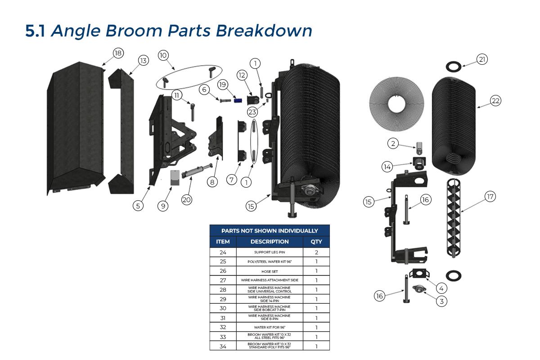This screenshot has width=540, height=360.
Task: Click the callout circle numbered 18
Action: coord(118,54)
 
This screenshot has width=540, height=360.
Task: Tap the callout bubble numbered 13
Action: coord(143,61)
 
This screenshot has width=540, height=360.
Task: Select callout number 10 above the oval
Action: coord(163,55)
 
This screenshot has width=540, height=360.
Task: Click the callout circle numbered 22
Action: coord(495,101)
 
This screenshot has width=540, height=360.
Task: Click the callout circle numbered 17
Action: coord(490,196)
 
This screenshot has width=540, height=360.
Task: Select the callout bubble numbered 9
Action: coord(163,206)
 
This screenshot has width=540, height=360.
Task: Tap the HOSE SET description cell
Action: coord(270,271)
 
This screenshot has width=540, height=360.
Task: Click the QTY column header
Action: coord(316,242)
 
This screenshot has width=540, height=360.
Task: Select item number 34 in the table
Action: coord(223,346)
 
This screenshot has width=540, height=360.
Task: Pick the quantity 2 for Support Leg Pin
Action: coord(316,252)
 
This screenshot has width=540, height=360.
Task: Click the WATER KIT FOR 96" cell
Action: coord(270,328)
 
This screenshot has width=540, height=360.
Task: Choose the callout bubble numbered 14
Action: coord(387,166)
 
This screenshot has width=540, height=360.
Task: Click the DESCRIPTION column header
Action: coord(270,242)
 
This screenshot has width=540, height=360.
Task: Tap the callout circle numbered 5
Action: coord(138,206)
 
